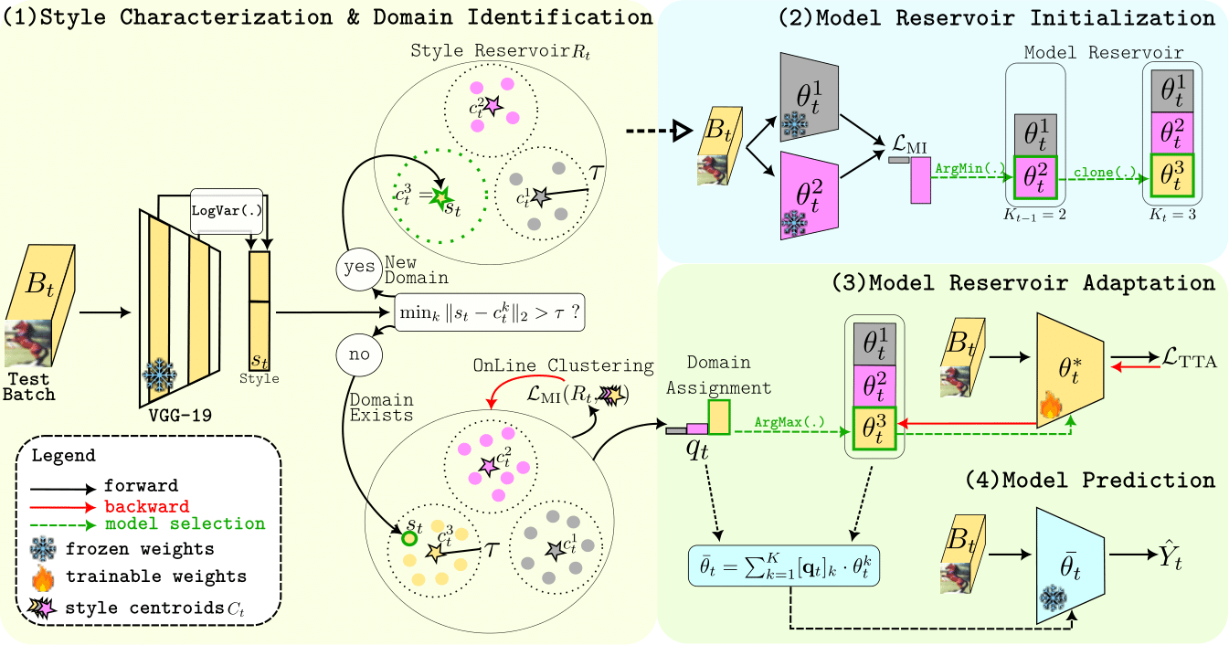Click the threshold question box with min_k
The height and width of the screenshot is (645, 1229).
tap(490, 312)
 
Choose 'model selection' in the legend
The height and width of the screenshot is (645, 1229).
tap(185, 524)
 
